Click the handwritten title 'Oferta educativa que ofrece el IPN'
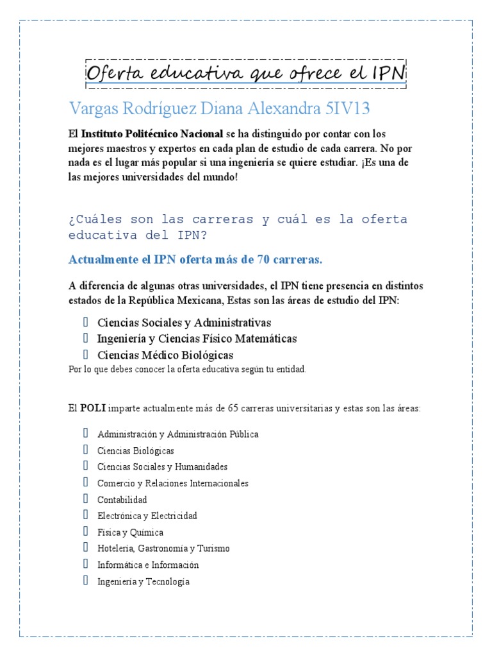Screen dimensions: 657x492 (246, 73)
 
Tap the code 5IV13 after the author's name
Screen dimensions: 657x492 (347, 108)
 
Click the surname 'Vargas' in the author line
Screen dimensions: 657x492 (93, 108)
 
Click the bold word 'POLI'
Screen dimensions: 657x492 (93, 409)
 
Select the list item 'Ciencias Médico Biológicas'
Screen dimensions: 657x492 (165, 355)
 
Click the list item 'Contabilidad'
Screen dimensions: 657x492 (122, 500)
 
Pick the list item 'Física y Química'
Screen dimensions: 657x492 (130, 533)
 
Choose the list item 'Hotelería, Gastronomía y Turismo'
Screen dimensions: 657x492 (163, 549)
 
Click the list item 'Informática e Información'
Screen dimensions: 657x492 (148, 565)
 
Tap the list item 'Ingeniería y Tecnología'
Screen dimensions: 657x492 (143, 582)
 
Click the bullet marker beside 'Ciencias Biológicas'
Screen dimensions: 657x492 (85, 450)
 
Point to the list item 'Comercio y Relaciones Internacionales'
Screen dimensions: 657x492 (173, 483)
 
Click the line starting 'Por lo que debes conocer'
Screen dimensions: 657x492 (188, 370)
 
